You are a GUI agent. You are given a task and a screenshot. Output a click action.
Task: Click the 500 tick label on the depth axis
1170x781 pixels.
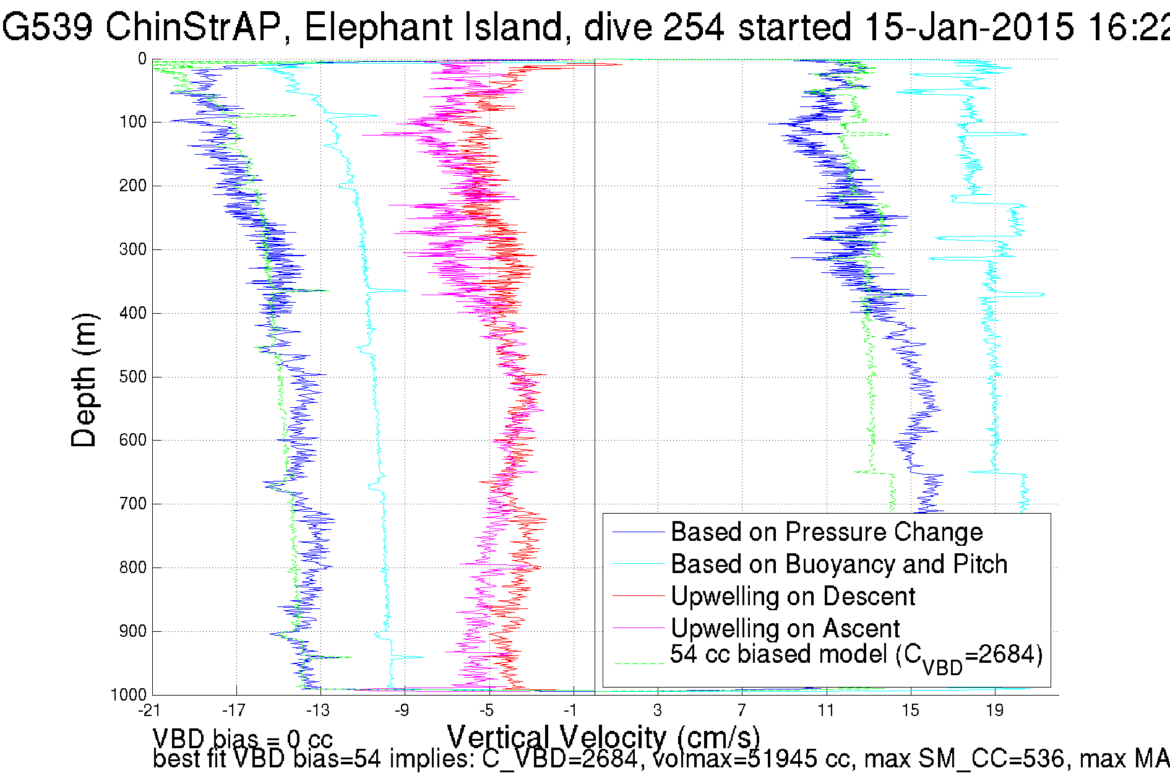(x=132, y=377)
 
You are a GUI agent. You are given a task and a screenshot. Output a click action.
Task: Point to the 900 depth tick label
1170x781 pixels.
(x=132, y=631)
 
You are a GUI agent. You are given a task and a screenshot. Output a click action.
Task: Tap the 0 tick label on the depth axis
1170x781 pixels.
(x=142, y=59)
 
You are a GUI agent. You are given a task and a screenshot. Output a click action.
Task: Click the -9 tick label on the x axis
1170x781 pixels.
(x=402, y=710)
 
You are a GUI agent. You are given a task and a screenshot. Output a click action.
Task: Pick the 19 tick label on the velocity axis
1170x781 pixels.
(x=994, y=710)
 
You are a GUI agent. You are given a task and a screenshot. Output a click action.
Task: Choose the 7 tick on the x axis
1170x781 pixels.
(x=741, y=710)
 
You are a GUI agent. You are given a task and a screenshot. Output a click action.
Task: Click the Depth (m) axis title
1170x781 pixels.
(x=84, y=380)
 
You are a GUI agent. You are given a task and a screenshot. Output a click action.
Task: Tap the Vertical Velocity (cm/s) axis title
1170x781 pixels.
(x=603, y=738)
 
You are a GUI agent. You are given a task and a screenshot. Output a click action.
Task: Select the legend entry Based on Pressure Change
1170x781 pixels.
(x=827, y=532)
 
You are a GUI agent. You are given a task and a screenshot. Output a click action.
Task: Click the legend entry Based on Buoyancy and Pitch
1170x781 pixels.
(x=839, y=564)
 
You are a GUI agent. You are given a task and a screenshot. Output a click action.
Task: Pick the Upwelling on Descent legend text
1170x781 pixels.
(x=793, y=597)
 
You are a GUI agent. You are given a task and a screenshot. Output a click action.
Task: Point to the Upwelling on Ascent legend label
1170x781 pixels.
(x=785, y=629)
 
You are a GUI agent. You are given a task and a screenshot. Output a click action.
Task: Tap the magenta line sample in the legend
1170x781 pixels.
(x=638, y=629)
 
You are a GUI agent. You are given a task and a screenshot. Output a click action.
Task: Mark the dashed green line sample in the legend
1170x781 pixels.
(x=638, y=663)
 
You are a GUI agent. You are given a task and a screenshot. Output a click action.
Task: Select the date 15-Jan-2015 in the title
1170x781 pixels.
(x=968, y=27)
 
